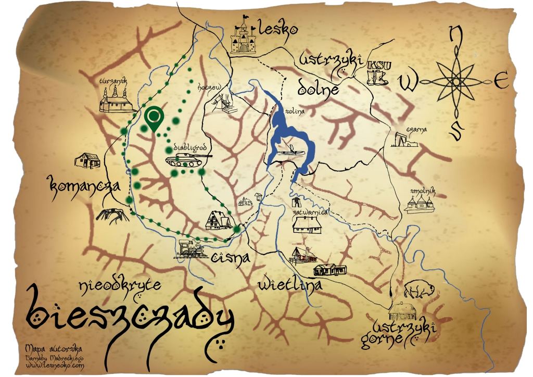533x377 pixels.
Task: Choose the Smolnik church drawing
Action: [x=420, y=201]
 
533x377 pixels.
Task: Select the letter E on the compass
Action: [x=500, y=81]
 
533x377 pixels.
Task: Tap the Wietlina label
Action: [x=290, y=284]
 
